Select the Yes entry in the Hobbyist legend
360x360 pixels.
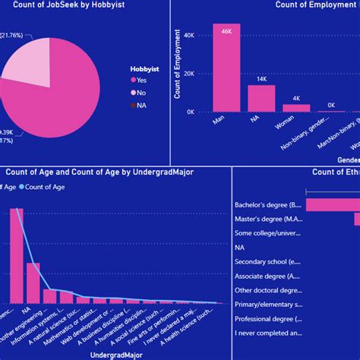click(x=143, y=80)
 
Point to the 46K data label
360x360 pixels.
click(x=226, y=31)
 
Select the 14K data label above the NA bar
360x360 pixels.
click(x=261, y=79)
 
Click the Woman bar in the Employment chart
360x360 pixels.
click(x=296, y=107)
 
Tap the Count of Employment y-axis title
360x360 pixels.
click(x=177, y=65)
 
